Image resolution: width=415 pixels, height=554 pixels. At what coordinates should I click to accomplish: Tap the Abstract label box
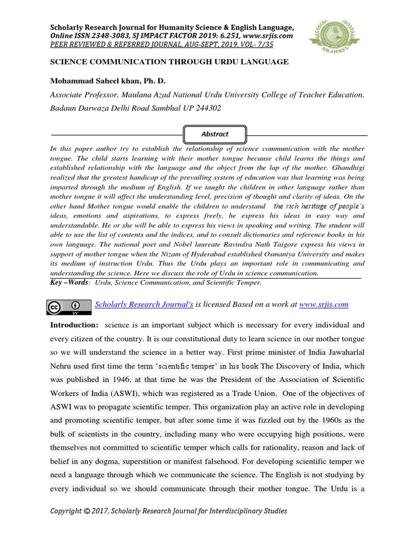(x=215, y=134)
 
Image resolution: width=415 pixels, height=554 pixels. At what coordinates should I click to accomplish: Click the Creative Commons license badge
(x=69, y=306)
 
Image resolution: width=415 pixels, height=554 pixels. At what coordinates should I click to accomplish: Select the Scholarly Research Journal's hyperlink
(x=144, y=305)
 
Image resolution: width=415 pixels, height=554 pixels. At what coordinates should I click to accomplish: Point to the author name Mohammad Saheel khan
(x=93, y=81)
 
